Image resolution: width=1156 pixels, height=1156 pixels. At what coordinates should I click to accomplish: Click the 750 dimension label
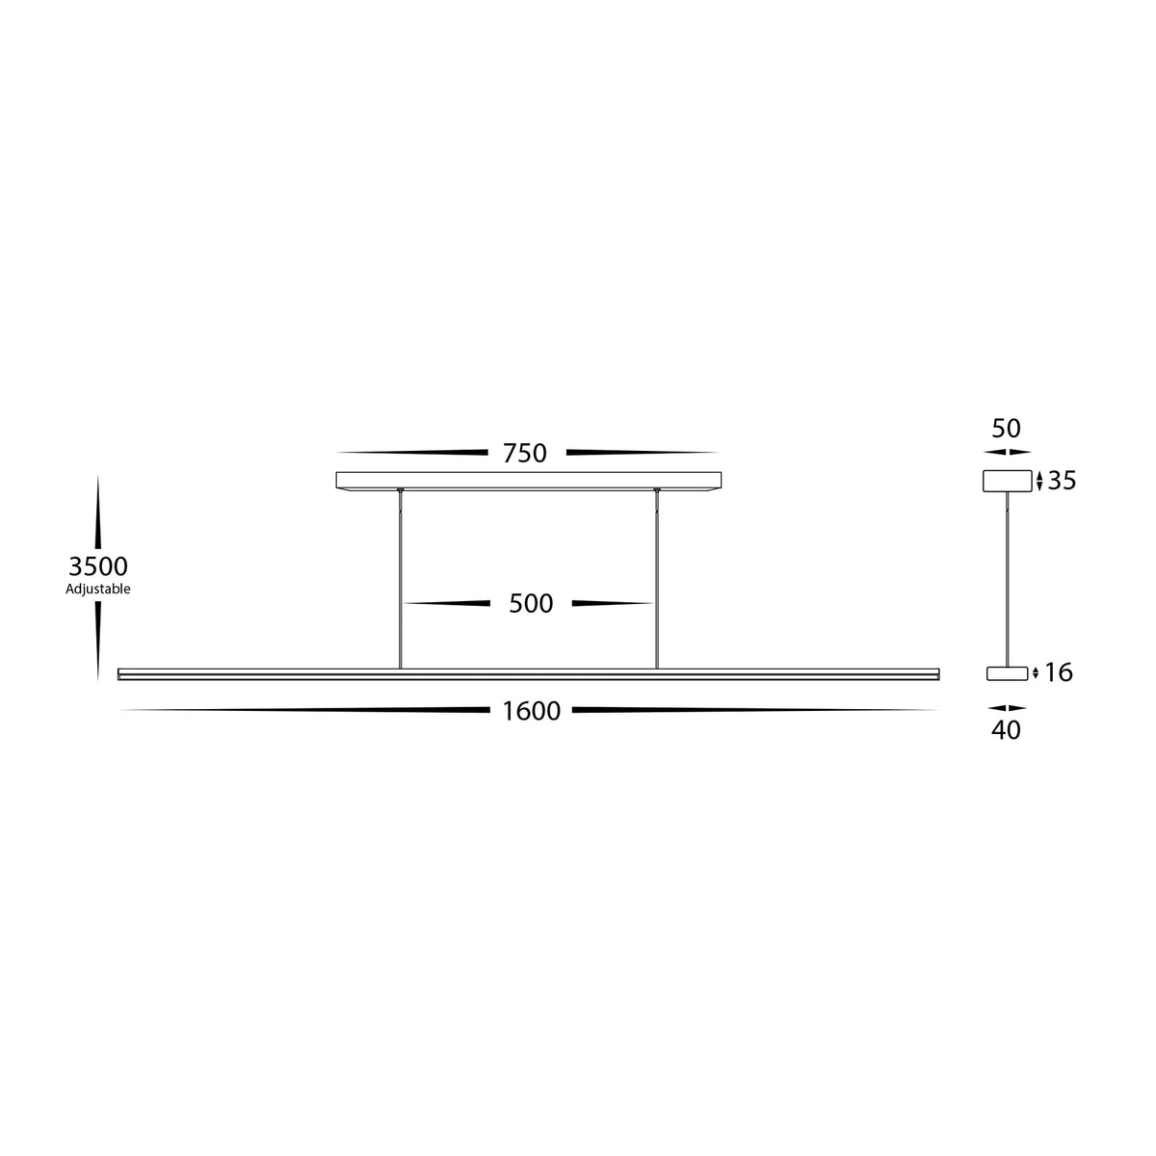(525, 453)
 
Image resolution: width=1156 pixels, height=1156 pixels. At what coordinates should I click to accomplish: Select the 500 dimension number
(531, 604)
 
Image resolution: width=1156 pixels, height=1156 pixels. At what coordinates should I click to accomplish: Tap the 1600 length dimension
(531, 712)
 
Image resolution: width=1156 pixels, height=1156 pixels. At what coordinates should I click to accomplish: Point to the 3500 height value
(98, 566)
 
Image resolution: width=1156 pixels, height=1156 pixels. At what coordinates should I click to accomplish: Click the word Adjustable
(98, 589)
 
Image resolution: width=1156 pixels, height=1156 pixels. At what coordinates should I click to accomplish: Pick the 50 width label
(1006, 429)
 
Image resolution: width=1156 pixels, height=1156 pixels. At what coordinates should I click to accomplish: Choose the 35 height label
(1062, 481)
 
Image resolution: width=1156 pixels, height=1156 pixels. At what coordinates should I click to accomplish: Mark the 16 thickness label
(1059, 672)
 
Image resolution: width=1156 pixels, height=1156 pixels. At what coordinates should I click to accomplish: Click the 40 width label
(1006, 730)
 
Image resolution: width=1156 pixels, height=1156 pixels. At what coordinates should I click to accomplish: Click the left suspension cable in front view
(400, 578)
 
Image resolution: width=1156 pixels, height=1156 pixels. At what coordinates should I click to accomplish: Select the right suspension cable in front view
(657, 578)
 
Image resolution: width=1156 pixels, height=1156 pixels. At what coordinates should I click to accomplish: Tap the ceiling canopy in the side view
(1006, 481)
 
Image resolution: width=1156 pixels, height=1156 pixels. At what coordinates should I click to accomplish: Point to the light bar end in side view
(1006, 672)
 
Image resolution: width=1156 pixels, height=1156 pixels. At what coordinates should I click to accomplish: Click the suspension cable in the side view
(1006, 578)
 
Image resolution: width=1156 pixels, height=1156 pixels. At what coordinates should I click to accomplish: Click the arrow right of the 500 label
(613, 604)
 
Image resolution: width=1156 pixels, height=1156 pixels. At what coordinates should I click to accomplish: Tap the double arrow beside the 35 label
(1039, 481)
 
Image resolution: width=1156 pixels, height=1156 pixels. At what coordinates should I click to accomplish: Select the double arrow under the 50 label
(1006, 451)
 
